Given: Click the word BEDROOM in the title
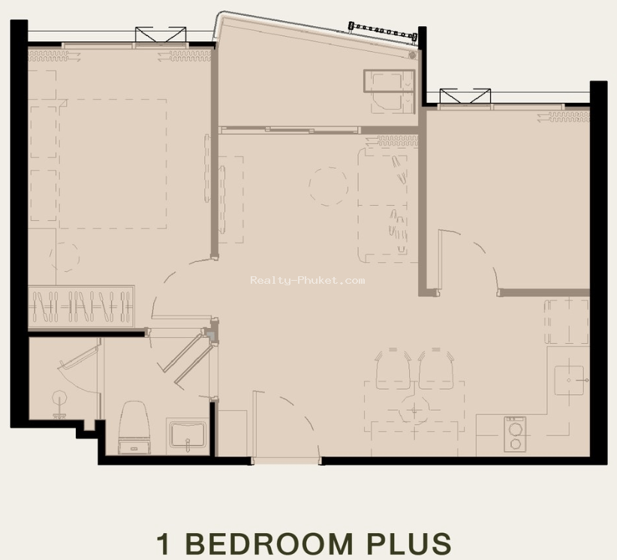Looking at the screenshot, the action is point(269,543).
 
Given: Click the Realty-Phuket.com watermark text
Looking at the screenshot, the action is point(307,280).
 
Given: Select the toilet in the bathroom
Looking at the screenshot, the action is point(134,427).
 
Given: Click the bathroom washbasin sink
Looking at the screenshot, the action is point(188,435).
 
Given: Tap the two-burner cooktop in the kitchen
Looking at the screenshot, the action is point(515,434).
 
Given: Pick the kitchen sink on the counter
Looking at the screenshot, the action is point(570,380).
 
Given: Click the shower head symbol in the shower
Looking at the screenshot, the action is point(59,403).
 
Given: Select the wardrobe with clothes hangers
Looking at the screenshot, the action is point(81,306).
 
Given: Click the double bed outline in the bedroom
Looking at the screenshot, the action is point(113,164).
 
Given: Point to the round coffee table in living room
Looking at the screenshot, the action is point(329,186).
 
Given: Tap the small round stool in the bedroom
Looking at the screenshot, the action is point(64,257).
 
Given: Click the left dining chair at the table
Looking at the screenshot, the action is point(393,369).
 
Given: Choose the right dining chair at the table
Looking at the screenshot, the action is point(436,369).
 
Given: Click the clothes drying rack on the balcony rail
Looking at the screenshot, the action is point(383,31).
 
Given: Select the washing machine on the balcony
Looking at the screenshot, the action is point(389,92).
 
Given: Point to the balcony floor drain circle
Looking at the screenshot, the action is point(412,55).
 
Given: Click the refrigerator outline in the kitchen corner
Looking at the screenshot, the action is point(567,321).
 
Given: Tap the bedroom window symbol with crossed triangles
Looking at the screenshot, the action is point(161,35).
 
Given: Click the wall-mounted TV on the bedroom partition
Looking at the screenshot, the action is point(207,168).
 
